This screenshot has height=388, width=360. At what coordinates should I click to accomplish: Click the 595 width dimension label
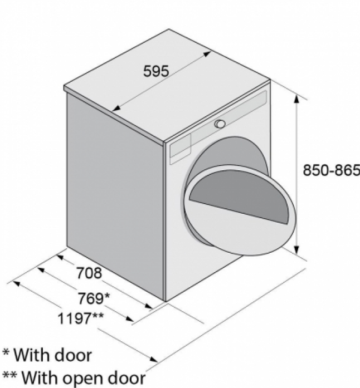156,71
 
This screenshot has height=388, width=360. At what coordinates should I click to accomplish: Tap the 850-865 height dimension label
332,170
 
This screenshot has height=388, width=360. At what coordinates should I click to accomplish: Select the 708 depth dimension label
89,273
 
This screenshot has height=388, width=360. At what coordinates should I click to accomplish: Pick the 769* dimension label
94,298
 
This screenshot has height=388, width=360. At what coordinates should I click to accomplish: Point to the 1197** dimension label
80,318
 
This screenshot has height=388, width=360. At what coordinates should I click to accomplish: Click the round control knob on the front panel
220,124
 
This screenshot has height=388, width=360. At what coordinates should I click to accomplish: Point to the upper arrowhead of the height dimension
296,99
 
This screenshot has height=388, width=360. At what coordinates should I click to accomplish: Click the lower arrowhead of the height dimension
296,250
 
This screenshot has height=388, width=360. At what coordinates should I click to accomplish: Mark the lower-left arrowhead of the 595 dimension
116,108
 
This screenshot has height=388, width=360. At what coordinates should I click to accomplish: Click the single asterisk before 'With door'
6,352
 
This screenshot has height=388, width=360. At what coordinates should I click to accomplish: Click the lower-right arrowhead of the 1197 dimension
153,359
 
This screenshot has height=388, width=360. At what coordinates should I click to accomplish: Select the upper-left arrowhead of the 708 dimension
61,257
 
